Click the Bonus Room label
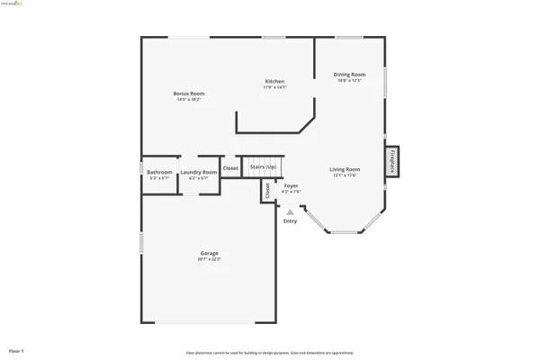(x=189, y=94)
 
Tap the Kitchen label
(x=274, y=81)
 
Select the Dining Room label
(x=349, y=75)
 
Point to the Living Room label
(x=345, y=169)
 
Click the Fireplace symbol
(x=392, y=159)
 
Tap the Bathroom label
(x=159, y=172)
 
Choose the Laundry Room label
(x=198, y=172)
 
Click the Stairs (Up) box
(x=263, y=167)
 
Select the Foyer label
(x=292, y=186)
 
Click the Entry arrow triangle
(x=290, y=211)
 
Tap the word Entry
(x=290, y=220)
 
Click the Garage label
(x=209, y=253)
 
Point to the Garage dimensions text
(x=209, y=259)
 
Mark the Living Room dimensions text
(x=345, y=175)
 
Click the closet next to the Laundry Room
(x=230, y=168)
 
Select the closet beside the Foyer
(x=267, y=190)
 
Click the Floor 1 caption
(x=16, y=349)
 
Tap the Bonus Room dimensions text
(x=189, y=99)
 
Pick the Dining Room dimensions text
(x=349, y=81)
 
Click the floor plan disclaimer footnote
(x=270, y=353)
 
